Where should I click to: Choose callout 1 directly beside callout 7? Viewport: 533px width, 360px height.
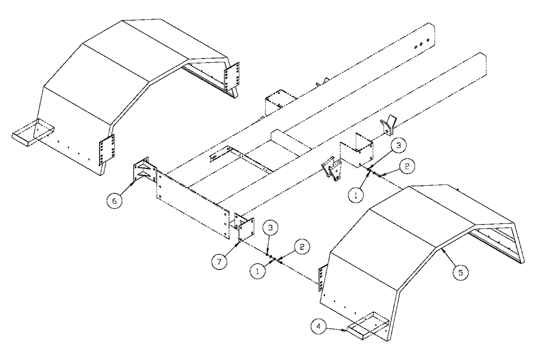click(257, 271)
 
